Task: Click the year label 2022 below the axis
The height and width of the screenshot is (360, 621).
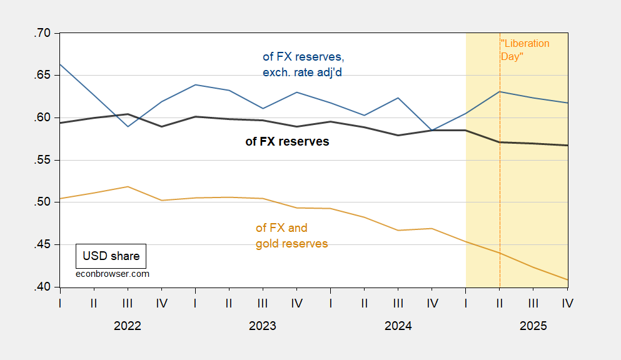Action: click(128, 326)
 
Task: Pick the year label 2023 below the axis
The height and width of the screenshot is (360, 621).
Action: click(263, 326)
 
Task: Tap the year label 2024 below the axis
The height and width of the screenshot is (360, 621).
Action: click(398, 326)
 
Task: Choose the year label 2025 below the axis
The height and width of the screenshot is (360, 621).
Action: click(533, 326)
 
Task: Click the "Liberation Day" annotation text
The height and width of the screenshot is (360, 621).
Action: click(525, 50)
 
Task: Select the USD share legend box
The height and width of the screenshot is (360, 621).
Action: click(111, 256)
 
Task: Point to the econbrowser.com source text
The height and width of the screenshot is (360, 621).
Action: click(112, 274)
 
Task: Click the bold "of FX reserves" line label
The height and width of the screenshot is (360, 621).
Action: click(287, 142)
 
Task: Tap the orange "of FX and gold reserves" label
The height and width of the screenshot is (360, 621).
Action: click(291, 236)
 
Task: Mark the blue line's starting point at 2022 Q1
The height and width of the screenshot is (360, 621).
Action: click(61, 64)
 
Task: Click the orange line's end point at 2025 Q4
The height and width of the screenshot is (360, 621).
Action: click(567, 280)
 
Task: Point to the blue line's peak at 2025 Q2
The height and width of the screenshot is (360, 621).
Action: click(500, 92)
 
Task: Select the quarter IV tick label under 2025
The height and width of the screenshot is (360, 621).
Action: click(567, 303)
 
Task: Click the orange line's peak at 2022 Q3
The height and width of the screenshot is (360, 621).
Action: click(128, 187)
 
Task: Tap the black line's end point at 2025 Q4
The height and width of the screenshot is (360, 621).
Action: click(567, 146)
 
